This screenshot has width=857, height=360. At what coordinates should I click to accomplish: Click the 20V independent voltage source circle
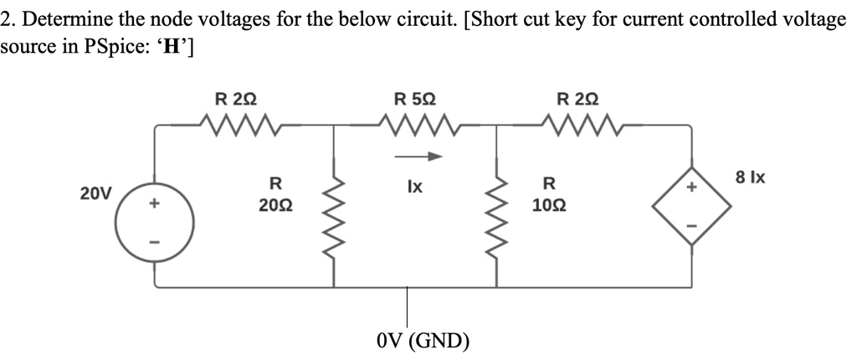[x=155, y=222]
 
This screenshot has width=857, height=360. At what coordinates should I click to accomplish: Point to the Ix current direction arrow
[x=417, y=156]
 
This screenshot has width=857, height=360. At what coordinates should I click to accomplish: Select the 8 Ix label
[x=749, y=178]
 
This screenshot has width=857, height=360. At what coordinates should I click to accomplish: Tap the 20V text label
[x=95, y=194]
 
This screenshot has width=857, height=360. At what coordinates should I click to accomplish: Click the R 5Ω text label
[x=414, y=99]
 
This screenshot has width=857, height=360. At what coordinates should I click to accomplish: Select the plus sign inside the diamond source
[x=691, y=191]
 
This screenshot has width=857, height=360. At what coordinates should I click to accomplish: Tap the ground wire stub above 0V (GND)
[x=408, y=306]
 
